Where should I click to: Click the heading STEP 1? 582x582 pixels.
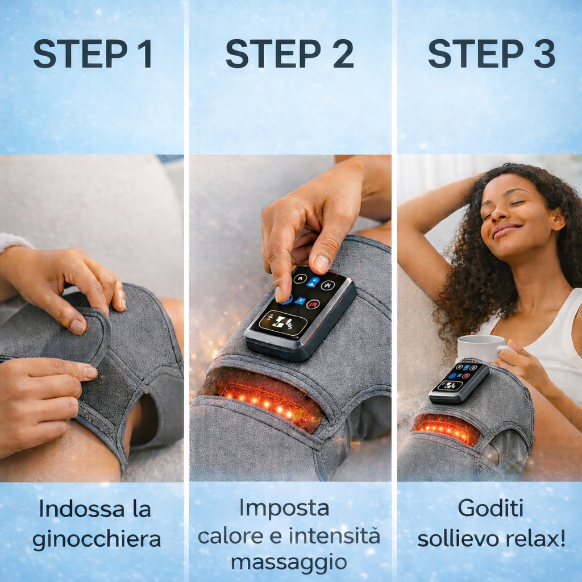pos(93,54)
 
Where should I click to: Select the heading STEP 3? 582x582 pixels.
pos(492,54)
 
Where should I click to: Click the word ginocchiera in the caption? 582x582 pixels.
pos(97,539)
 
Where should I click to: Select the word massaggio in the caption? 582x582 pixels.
pos(289,562)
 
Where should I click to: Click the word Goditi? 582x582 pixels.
pos(490,509)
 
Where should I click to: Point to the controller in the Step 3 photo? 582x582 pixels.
pos(458,381)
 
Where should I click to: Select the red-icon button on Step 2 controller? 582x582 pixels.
pos(313,304)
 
